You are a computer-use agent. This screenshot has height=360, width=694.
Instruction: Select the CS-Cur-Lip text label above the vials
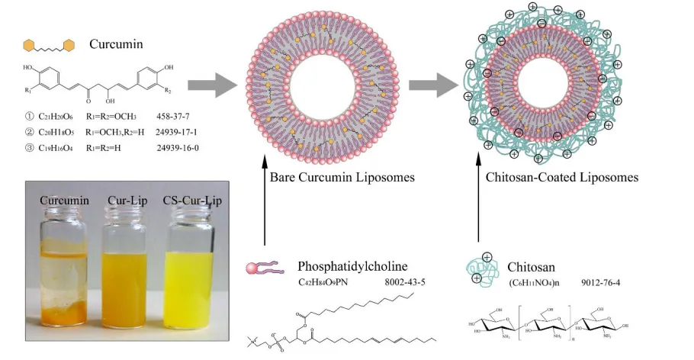click(188, 201)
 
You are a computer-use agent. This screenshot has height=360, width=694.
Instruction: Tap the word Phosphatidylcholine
click(353, 267)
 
